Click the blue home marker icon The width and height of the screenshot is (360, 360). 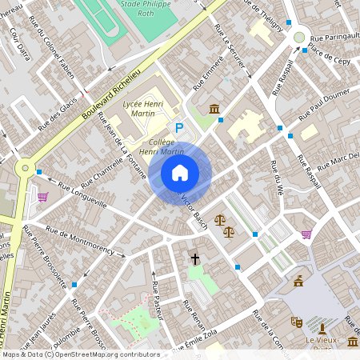[180, 173]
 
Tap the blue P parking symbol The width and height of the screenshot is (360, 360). [180, 127]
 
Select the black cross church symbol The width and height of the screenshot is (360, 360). [194, 258]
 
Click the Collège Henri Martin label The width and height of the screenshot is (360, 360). [162, 147]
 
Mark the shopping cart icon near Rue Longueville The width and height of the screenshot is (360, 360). [42, 197]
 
